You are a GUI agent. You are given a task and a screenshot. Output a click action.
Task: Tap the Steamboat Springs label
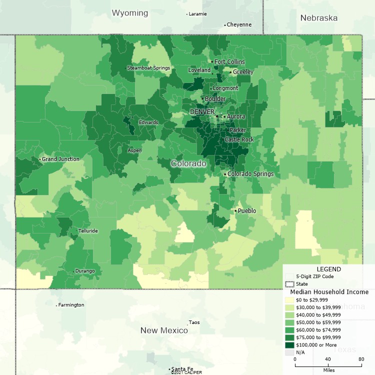pos(148,68)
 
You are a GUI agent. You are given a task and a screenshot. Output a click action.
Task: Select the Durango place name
pos(84,271)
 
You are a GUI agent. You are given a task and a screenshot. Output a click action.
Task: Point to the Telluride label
pos(88,231)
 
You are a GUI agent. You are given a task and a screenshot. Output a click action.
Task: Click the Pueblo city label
pos(246,211)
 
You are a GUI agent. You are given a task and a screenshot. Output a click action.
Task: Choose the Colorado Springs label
pos(250,174)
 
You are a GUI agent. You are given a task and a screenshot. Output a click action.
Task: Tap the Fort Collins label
pos(229,62)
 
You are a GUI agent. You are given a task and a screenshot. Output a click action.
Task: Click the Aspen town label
pos(135,150)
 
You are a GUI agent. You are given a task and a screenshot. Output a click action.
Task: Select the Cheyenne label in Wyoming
pos(239,24)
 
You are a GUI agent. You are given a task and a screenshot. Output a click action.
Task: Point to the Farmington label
pos(71,304)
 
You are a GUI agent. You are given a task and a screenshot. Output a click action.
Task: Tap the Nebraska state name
pos(318,18)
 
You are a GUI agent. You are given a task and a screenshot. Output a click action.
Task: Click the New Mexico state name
pos(164,330)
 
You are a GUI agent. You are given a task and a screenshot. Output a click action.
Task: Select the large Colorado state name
pos(188,163)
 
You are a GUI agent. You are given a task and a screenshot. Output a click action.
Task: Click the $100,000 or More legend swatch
pos(289,344)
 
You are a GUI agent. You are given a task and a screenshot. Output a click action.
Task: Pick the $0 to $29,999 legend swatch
pos(289,299)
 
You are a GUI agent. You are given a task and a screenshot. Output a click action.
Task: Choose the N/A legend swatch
pos(289,352)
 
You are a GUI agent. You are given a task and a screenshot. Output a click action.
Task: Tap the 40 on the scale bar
pos(328,359)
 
